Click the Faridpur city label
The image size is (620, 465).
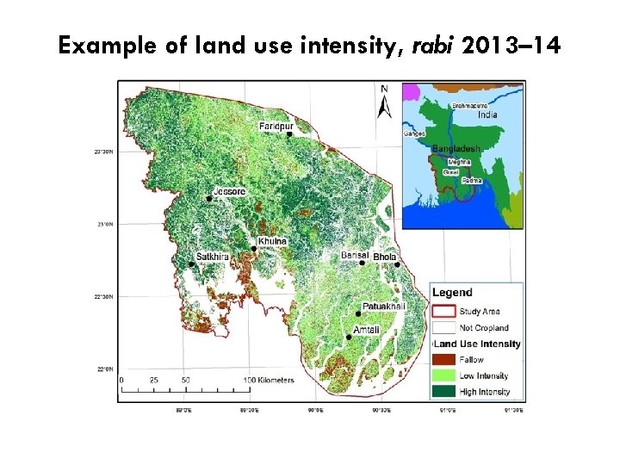(x=276, y=126)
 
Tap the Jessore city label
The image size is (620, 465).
(x=230, y=191)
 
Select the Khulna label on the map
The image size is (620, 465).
(x=272, y=242)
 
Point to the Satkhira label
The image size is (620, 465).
(x=213, y=257)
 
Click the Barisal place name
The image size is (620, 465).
(x=355, y=256)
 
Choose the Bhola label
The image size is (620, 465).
(x=385, y=257)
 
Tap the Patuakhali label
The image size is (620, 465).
(x=383, y=306)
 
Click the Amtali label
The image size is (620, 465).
(x=365, y=331)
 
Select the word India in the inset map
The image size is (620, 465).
(x=487, y=115)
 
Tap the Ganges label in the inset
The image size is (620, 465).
(x=413, y=133)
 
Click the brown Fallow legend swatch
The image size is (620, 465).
(x=443, y=360)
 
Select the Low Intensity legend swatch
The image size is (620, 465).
(x=443, y=375)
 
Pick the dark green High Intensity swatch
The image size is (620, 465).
(x=443, y=392)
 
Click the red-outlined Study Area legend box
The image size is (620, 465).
(x=443, y=312)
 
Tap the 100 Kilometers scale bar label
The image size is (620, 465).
(x=270, y=380)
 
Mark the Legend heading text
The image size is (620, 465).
(x=452, y=293)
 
